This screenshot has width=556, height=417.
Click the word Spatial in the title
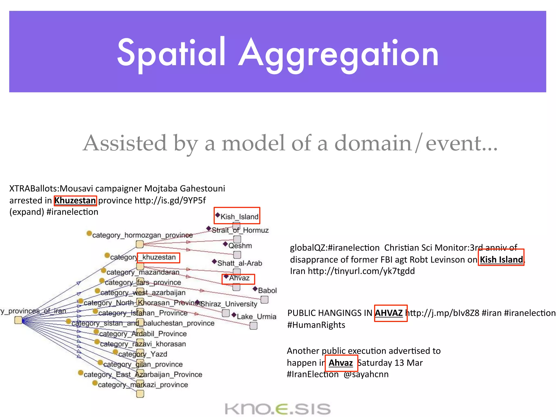(x=171, y=53)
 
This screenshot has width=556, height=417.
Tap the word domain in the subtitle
(x=373, y=143)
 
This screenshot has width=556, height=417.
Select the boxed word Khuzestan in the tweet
(x=75, y=200)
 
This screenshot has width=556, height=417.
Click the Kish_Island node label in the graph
(x=239, y=216)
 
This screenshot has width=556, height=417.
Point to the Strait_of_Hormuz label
(x=240, y=230)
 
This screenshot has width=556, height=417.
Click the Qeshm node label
(x=240, y=245)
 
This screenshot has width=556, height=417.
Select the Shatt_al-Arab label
(x=239, y=263)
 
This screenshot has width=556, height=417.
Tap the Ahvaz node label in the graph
(x=239, y=278)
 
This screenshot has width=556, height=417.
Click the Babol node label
(x=267, y=290)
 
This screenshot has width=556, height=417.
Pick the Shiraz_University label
(x=229, y=304)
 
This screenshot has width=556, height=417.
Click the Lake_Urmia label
(x=256, y=316)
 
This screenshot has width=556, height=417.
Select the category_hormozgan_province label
(x=142, y=235)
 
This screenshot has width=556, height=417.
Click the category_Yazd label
(x=143, y=354)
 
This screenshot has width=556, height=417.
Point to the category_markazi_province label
(x=143, y=384)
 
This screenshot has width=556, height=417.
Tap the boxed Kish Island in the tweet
(x=501, y=259)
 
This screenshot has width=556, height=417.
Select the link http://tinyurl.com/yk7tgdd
(x=361, y=271)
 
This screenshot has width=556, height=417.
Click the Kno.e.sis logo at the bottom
(x=278, y=409)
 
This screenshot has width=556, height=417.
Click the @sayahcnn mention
(x=366, y=374)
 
